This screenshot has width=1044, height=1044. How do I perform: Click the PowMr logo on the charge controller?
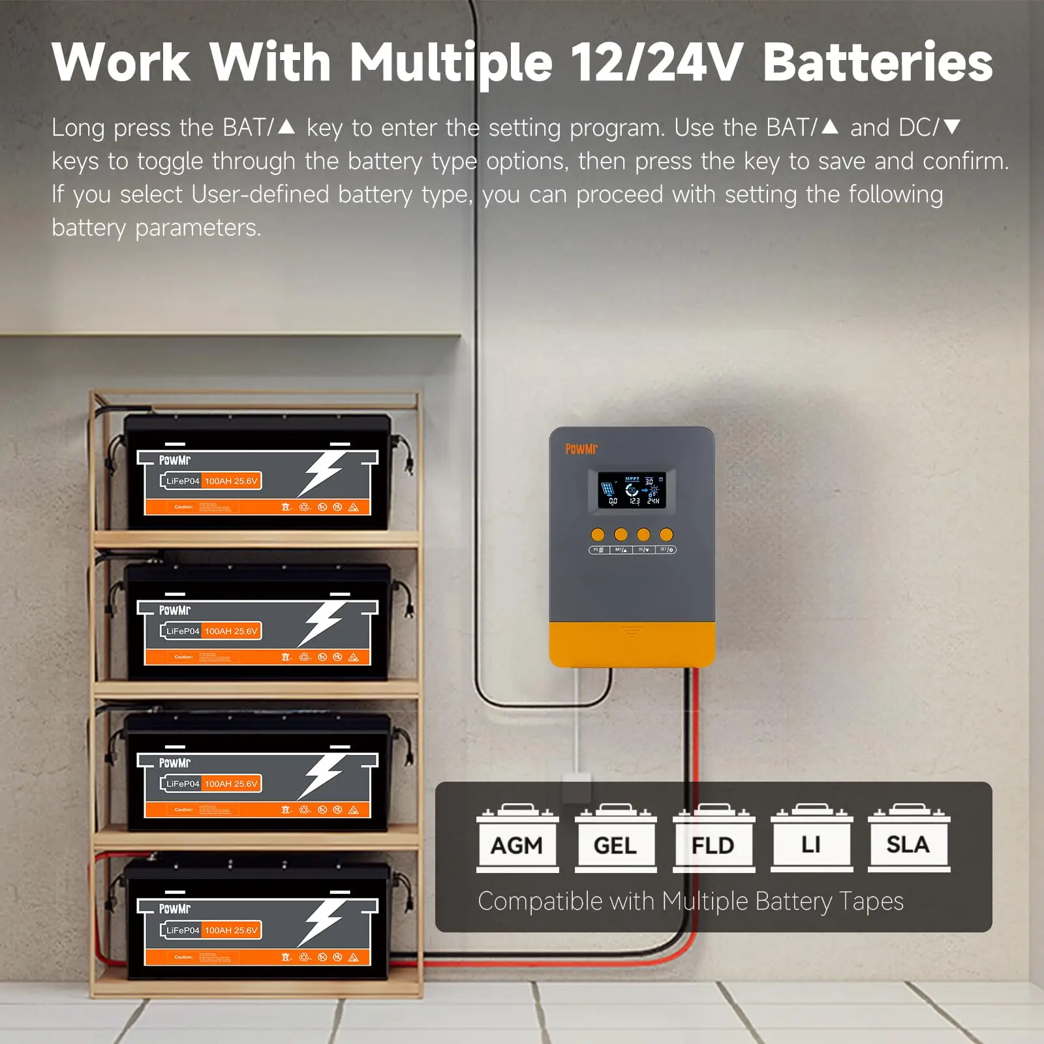click(x=581, y=449)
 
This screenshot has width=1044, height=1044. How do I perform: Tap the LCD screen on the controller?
click(x=636, y=491)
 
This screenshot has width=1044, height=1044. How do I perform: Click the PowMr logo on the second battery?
click(x=175, y=610)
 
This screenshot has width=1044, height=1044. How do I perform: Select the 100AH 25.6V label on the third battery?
click(x=231, y=784)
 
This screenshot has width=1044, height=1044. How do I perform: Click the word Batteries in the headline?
click(x=878, y=63)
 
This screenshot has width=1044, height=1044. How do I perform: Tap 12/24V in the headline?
click(x=656, y=63)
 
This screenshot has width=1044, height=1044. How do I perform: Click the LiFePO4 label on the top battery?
click(x=182, y=481)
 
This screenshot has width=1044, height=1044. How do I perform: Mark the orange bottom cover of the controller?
click(x=632, y=645)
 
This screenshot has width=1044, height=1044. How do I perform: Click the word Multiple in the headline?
click(x=451, y=63)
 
